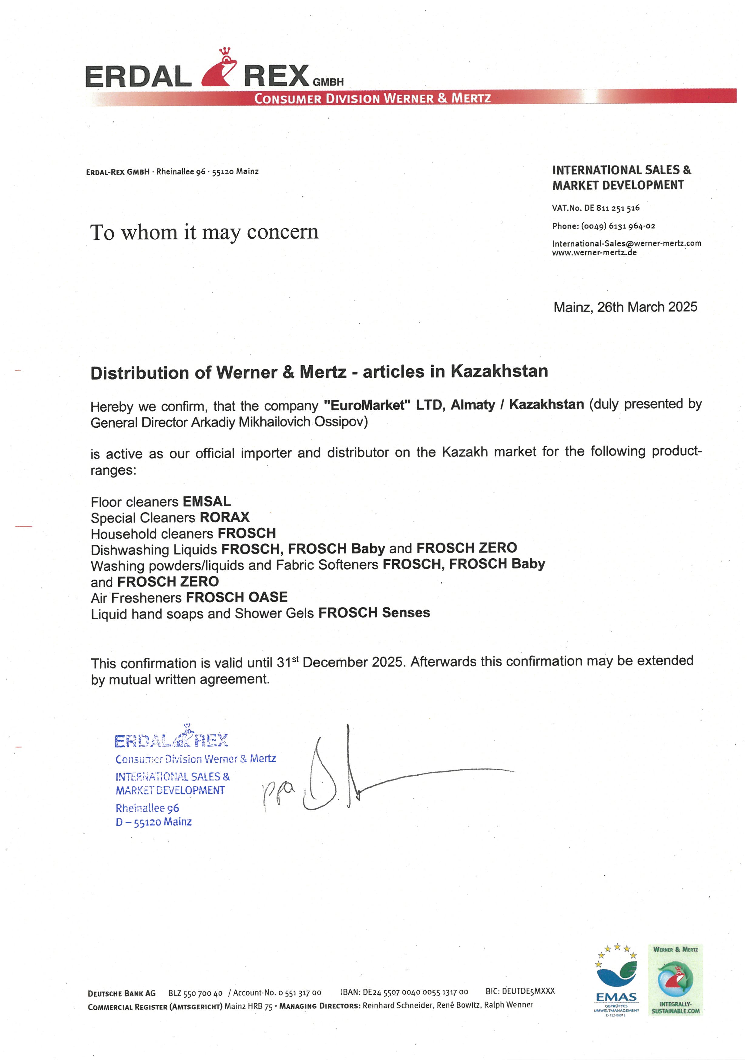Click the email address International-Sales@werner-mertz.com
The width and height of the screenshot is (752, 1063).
point(626,243)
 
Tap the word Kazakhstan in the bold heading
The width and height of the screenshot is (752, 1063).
point(499,371)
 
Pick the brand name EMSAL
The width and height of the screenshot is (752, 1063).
point(206,501)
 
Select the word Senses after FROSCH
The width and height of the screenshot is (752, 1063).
point(406,613)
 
